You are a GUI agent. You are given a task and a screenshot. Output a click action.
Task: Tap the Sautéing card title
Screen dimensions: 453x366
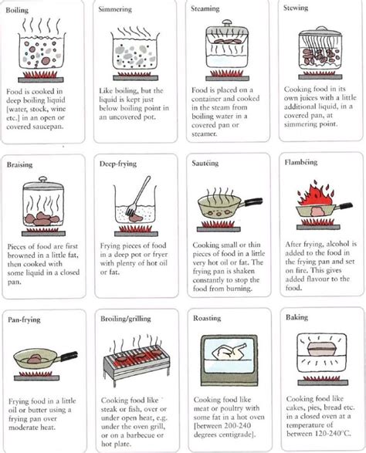[x=207, y=165]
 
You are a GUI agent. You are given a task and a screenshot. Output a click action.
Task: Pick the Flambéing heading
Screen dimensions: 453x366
[x=301, y=165]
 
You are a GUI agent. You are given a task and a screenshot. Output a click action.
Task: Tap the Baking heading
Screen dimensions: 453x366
[x=295, y=318]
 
